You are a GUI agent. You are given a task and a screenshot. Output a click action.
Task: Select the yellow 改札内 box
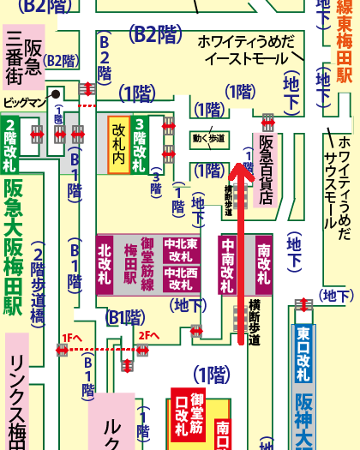click(118, 141)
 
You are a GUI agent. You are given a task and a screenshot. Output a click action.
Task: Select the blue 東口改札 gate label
click(304, 351)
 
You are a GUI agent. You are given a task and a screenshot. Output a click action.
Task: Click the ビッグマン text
click(24, 100)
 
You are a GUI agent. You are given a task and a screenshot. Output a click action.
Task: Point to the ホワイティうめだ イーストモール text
click(245, 50)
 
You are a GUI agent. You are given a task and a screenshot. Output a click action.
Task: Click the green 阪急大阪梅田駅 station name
click(13, 249)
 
